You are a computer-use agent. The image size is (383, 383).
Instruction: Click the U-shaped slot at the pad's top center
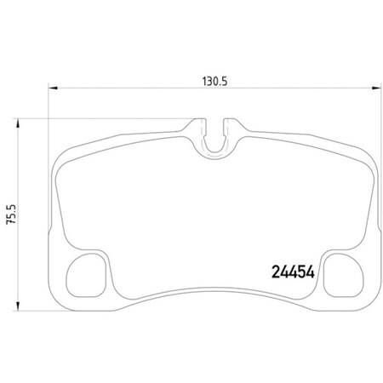(218, 140)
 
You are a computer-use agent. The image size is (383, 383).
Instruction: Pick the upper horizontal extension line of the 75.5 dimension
(102, 118)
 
